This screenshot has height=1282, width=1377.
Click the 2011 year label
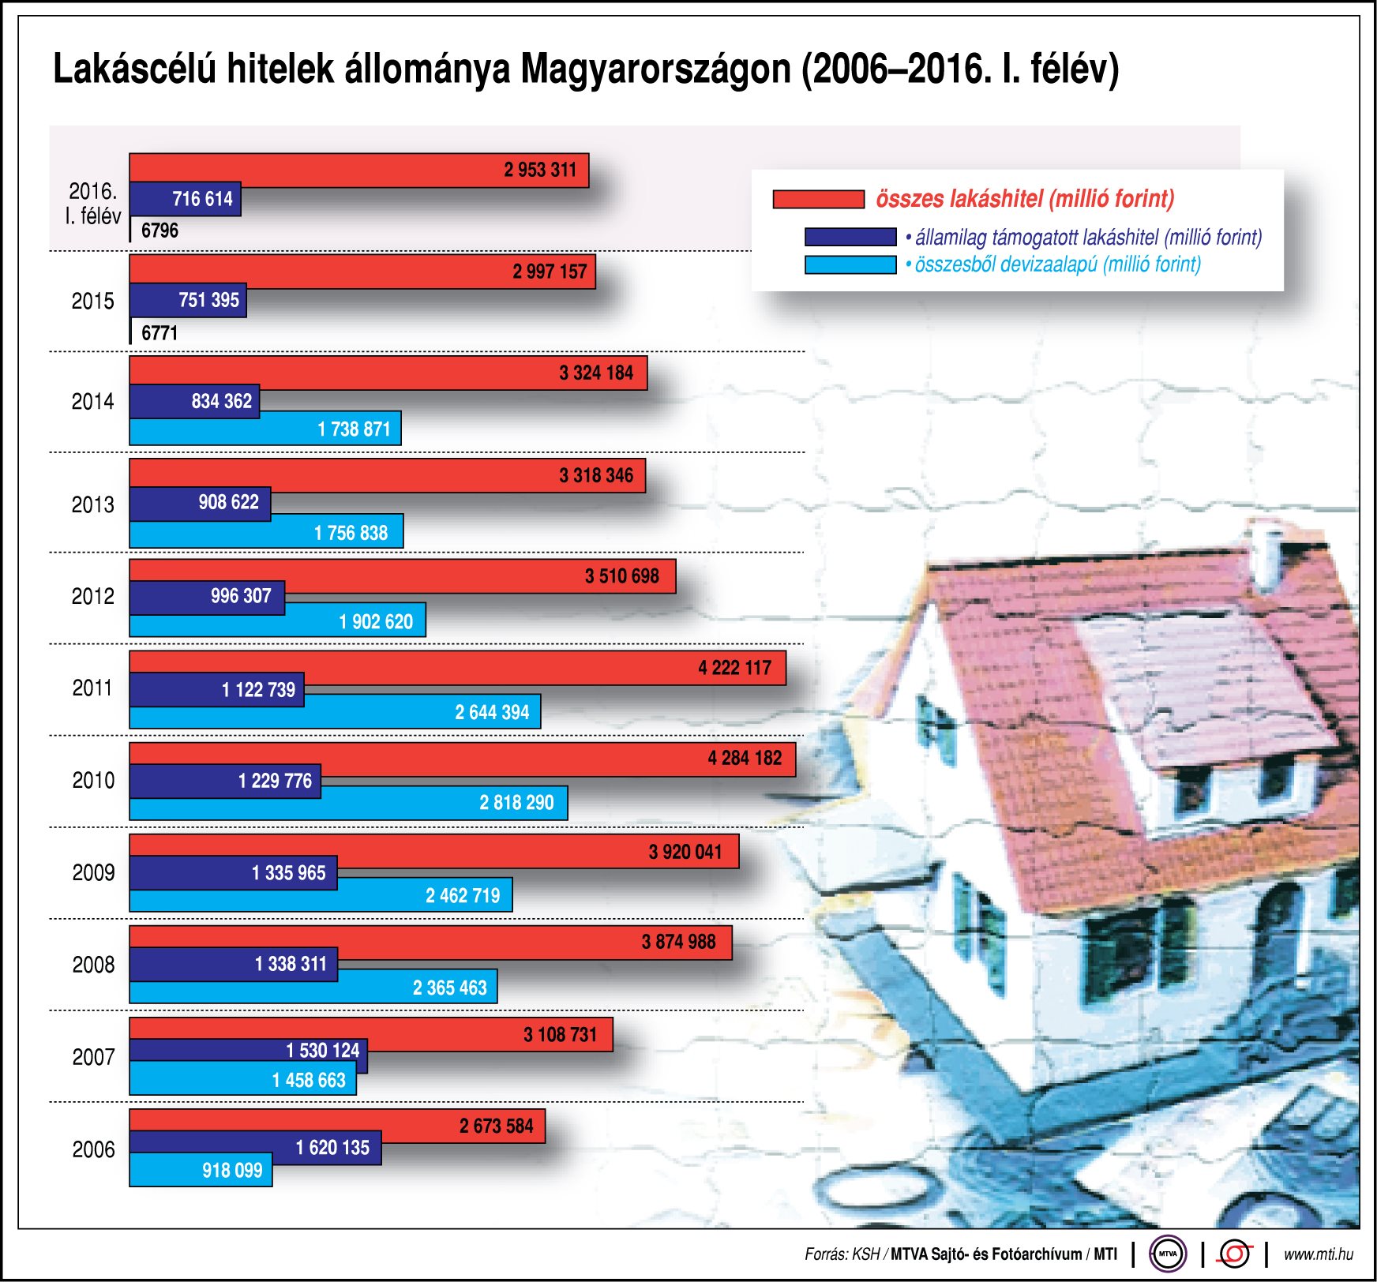[x=92, y=688]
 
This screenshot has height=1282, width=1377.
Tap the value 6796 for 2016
[x=159, y=231]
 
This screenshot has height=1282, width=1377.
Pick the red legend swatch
[x=818, y=199]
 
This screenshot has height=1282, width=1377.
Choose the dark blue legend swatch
[x=850, y=237]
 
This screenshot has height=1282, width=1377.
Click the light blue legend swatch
[x=850, y=264]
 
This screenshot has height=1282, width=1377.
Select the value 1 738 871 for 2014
[x=354, y=429]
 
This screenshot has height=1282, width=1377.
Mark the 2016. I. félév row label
[x=93, y=204]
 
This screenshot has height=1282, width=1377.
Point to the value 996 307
[x=241, y=596]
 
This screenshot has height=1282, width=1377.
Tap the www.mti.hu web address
[x=1318, y=1254]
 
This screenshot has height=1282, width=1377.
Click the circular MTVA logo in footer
[x=1168, y=1254]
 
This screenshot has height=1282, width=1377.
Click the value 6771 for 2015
[x=159, y=333]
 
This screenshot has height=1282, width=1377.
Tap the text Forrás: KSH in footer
[x=842, y=1254]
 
